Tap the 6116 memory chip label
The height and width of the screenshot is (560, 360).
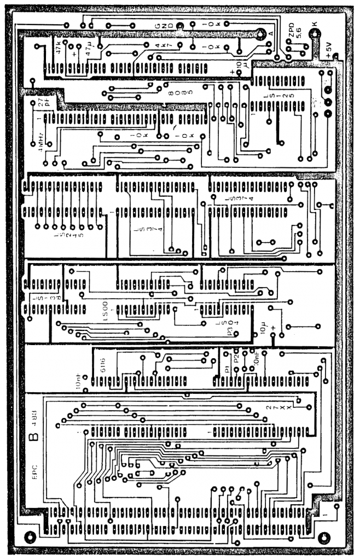(104, 364)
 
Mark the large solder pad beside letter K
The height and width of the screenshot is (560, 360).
(313, 34)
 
